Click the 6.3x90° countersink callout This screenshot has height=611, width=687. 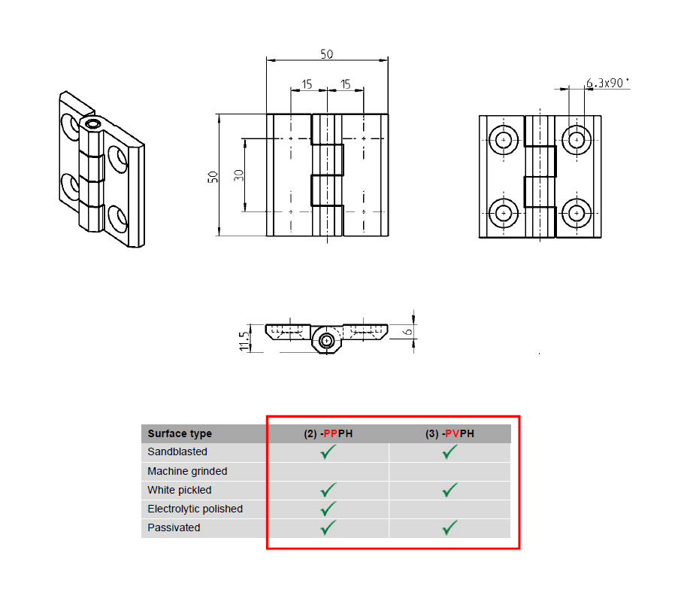point(607,83)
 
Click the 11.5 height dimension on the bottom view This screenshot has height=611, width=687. point(244,340)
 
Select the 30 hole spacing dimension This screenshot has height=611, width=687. point(239,175)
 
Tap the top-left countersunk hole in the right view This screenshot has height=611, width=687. point(502,139)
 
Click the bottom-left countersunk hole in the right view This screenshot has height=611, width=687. point(502,214)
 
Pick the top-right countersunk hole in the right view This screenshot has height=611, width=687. point(577,139)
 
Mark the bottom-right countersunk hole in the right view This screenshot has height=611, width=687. point(577,214)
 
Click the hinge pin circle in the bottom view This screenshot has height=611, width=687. point(326,341)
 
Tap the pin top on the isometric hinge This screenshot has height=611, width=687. point(93,124)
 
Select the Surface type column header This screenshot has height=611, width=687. point(180,433)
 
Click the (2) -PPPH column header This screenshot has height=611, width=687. point(328,433)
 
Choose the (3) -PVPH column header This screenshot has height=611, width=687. point(449,433)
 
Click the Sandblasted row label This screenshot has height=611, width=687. point(177,452)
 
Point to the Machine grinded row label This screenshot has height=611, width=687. point(187,471)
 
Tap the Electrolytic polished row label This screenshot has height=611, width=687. point(195,509)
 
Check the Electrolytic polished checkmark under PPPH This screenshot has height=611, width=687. point(328,509)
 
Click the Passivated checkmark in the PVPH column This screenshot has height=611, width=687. point(449,528)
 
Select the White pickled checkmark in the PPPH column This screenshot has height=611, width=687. point(328,490)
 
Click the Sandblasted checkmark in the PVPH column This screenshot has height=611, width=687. point(449,452)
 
